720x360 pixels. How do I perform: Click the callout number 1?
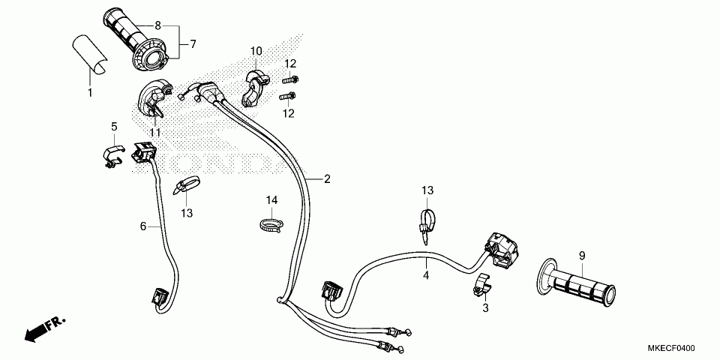90,92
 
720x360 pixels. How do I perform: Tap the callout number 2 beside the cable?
327,179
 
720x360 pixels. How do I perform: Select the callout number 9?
582,256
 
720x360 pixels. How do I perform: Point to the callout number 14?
271,200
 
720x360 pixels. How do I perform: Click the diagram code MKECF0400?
671,349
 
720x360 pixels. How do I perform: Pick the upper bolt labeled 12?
290,79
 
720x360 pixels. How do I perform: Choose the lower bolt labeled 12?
287,97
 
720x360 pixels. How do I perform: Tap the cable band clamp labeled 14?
271,224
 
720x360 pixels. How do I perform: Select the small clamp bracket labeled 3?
481,284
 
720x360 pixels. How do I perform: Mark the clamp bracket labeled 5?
113,156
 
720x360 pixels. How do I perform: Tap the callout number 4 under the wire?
426,276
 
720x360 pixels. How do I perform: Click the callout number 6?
142,226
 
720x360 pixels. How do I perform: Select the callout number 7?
193,44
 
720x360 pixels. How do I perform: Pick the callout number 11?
155,133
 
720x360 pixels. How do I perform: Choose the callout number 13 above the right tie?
428,190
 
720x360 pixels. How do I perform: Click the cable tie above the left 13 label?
186,185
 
